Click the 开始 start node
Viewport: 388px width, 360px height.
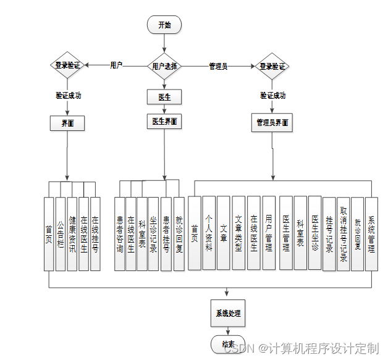click(164, 25)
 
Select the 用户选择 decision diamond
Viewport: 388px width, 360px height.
click(164, 65)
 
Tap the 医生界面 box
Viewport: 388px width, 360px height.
click(164, 122)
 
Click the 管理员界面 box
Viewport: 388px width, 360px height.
click(272, 123)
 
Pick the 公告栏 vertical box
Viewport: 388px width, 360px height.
click(61, 234)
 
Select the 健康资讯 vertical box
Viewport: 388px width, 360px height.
click(72, 234)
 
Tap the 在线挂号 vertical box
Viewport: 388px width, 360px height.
click(95, 234)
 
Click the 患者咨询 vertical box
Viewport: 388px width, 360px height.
click(119, 234)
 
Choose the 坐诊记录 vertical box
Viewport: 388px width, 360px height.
click(153, 234)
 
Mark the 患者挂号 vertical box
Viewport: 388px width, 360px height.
click(166, 234)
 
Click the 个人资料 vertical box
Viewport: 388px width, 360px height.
click(209, 233)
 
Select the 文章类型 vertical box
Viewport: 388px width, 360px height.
click(238, 233)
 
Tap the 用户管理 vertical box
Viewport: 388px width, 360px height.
click(269, 233)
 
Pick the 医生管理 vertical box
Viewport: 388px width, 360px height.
click(285, 233)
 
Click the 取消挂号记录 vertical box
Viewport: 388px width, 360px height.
click(344, 233)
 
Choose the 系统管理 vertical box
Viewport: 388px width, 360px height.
click(371, 233)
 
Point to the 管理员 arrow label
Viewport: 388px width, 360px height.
click(217, 66)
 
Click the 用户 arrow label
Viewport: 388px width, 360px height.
click(116, 64)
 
